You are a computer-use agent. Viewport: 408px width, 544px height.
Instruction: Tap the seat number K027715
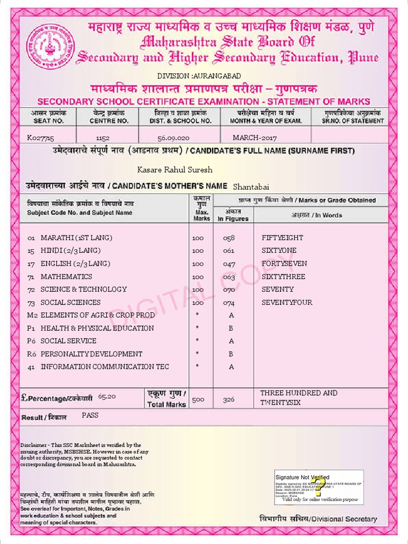(x=40, y=138)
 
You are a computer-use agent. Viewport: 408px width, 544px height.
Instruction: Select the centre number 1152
(x=103, y=138)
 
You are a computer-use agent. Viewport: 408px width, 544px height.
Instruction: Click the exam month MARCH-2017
(x=254, y=138)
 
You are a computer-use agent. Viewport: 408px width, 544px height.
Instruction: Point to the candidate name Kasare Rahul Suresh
(x=175, y=170)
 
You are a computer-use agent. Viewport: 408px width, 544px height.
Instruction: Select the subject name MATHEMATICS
(x=66, y=276)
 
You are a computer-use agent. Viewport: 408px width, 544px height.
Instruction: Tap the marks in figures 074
(x=228, y=302)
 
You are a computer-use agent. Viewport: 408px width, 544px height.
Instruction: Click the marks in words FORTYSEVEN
(x=284, y=263)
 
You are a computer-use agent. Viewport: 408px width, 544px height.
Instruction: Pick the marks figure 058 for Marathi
(x=228, y=237)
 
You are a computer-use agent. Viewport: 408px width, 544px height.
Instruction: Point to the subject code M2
(x=32, y=315)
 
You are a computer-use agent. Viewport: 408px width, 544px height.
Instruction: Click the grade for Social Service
(x=231, y=341)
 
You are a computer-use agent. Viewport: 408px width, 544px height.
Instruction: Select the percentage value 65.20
(x=107, y=396)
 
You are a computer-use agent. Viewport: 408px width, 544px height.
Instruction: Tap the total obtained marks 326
(x=228, y=399)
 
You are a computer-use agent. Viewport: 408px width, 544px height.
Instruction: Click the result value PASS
(x=90, y=415)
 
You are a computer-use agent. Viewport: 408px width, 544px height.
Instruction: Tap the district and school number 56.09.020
(x=174, y=138)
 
